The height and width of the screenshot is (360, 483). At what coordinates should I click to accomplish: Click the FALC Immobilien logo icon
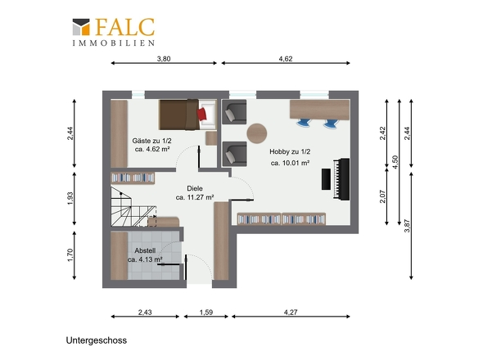[81, 27]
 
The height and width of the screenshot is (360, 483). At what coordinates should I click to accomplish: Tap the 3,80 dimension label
[164, 59]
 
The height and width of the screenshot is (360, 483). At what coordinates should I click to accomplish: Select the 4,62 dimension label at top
[286, 59]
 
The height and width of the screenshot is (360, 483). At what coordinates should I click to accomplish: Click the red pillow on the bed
[201, 114]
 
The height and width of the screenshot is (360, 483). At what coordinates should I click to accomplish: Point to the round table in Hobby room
[256, 133]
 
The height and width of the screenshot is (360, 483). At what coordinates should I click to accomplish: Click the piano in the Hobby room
[341, 179]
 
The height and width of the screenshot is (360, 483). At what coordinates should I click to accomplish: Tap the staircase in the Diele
[133, 207]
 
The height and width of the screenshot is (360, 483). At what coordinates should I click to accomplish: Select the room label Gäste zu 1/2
[152, 141]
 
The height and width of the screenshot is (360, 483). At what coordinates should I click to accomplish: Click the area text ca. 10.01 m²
[290, 163]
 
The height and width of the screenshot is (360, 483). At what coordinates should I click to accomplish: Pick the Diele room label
[195, 188]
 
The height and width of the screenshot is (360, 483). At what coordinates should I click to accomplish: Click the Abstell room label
[145, 250]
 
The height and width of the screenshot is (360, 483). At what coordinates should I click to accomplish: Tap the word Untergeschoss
[97, 340]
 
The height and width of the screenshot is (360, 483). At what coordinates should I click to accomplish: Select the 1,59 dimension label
[206, 313]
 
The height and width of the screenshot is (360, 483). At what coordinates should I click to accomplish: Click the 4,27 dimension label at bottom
[291, 313]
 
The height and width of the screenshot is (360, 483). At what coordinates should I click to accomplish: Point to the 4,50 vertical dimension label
[395, 162]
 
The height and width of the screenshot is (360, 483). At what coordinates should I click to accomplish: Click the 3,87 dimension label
[407, 226]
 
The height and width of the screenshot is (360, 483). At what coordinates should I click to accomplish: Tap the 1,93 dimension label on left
[70, 199]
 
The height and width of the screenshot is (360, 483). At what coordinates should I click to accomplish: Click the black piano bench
[326, 179]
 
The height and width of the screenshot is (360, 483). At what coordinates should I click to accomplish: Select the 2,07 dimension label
[383, 196]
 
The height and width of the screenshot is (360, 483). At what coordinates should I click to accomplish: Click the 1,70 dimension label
[70, 255]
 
